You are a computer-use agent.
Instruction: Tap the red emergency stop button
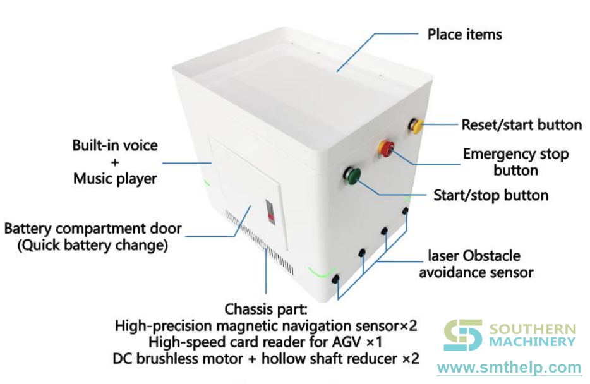click(x=385, y=148)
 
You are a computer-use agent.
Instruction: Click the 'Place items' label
click(x=464, y=34)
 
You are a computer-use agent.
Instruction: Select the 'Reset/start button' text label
click(x=521, y=124)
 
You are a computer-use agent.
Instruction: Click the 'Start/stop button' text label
click(x=490, y=195)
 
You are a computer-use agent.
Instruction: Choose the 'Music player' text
click(x=115, y=179)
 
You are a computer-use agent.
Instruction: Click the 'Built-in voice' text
click(x=115, y=146)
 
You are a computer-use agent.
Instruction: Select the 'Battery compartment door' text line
click(x=93, y=229)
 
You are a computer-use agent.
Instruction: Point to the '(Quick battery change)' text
click(x=93, y=246)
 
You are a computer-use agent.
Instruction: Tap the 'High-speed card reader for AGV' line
click(x=266, y=342)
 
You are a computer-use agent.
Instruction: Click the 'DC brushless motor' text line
click(x=266, y=359)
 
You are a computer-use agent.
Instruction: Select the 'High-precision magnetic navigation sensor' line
click(x=266, y=326)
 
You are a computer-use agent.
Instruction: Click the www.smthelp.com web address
click(x=509, y=368)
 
